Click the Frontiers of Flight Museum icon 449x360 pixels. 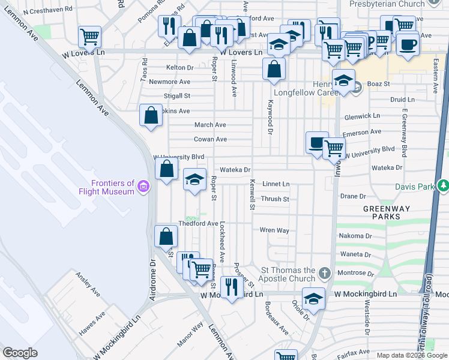(143, 187)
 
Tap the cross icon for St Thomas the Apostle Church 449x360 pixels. (324, 274)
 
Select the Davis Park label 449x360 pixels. (414, 187)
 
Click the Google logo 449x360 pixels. (20, 353)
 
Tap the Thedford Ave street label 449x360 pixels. (198, 223)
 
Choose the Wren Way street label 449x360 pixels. (274, 230)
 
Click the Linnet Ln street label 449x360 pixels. (276, 184)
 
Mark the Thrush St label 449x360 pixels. (275, 199)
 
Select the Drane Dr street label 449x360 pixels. (353, 196)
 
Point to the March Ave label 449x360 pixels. (209, 125)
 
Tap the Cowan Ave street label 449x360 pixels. (210, 139)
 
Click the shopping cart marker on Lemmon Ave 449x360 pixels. (89, 37)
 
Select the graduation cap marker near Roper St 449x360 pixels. (194, 179)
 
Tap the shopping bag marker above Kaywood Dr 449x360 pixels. (274, 68)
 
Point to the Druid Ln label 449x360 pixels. (402, 100)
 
